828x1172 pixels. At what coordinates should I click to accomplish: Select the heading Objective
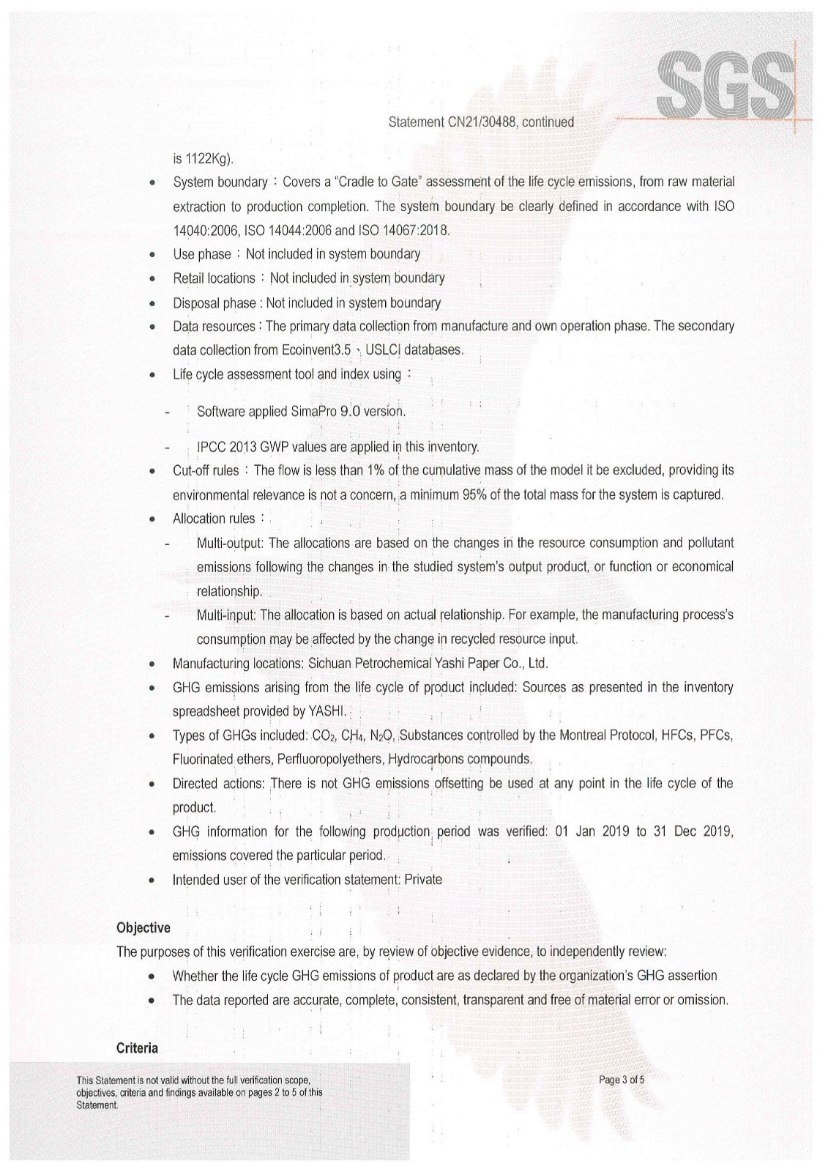(143, 928)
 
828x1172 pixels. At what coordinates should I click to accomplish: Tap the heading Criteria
(137, 1048)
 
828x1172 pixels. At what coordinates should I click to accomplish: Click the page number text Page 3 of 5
(622, 1080)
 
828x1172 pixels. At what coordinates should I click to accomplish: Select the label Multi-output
(231, 544)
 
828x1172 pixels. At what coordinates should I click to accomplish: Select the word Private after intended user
(422, 880)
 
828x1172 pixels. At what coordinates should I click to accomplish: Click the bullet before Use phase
(151, 256)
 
